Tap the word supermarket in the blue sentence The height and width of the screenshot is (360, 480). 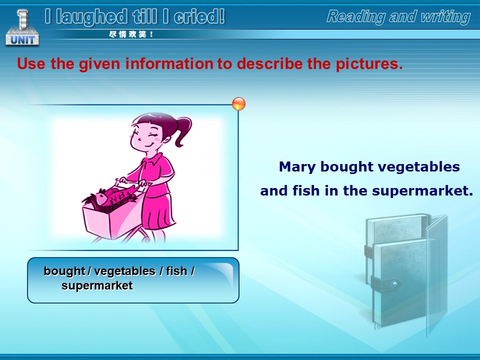423,191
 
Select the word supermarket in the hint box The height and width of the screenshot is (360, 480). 97,285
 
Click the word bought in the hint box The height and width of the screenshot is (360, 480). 64,271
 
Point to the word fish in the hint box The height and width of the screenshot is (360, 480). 176,271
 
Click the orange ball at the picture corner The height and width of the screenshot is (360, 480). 239,104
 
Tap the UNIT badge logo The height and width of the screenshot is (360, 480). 22,39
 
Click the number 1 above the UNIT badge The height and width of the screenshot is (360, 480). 22,19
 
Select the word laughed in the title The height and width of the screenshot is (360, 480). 91,17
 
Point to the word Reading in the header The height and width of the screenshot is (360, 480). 355,16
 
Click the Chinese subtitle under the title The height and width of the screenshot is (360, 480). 131,34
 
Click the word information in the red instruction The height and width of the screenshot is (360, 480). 169,63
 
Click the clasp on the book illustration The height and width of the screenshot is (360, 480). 394,283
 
